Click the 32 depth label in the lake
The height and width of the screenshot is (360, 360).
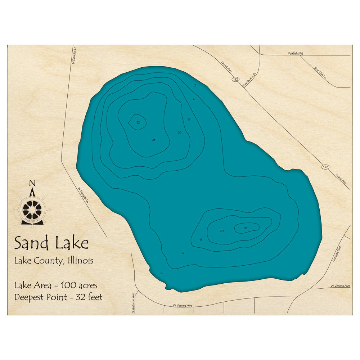pos(138,123)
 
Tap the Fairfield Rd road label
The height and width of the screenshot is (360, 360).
pos(295,54)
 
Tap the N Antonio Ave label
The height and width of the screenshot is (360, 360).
pos(133,303)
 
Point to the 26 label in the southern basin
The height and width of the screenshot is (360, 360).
pos(246,228)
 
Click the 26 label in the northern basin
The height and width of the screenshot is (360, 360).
pos(154,140)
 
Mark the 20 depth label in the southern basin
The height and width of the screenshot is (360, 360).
pos(221,231)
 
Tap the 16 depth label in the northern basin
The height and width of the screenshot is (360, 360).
pos(188,119)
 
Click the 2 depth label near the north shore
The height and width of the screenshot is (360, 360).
pos(195,85)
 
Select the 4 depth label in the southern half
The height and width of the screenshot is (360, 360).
pos(183,253)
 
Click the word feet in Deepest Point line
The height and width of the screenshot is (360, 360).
pos(95,297)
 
